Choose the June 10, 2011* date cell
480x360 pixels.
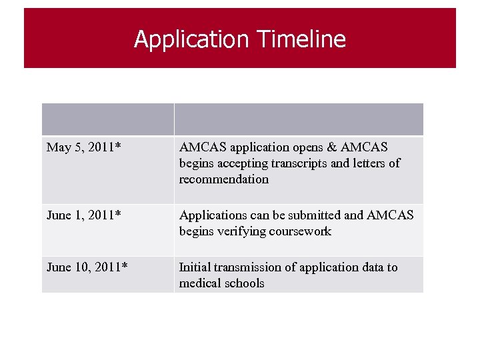pyautogui.click(x=87, y=267)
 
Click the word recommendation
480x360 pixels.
pyautogui.click(x=223, y=179)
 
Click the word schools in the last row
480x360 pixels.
pyautogui.click(x=245, y=283)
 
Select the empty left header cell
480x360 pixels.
pyautogui.click(x=108, y=119)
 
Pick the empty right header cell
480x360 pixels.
pyautogui.click(x=299, y=119)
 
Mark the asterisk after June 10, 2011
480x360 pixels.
pyautogui.click(x=125, y=265)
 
